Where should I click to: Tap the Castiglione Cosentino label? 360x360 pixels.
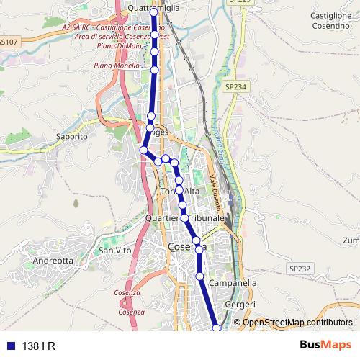330,19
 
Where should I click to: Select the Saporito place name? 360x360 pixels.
71,135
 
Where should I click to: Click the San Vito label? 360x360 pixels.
114,250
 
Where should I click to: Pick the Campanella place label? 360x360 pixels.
233,283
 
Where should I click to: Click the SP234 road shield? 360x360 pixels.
235,86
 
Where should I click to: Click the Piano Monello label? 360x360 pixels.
115,65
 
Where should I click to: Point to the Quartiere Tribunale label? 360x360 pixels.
185,217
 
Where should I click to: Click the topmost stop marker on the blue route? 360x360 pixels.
153,13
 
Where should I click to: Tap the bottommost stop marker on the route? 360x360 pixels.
217,328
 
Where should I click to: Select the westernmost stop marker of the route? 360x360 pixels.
143,150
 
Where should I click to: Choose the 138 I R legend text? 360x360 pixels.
39,346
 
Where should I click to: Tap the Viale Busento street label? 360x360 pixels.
214,189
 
